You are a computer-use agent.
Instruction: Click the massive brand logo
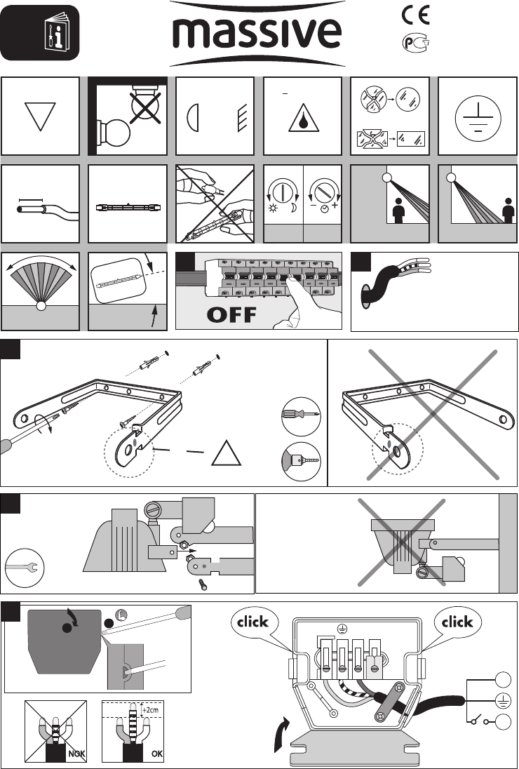tap(257, 34)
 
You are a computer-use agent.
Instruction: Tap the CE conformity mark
tap(416, 15)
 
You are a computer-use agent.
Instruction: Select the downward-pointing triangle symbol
tap(40, 116)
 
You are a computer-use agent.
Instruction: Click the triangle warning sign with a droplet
tap(304, 118)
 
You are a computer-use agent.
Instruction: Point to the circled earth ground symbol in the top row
tap(478, 116)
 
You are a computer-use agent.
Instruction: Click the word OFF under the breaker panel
tap(232, 314)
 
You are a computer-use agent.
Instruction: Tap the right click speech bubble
tap(457, 622)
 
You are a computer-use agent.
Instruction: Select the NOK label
tap(76, 754)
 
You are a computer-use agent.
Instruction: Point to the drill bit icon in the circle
tap(302, 462)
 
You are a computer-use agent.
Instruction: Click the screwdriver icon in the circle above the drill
tap(302, 416)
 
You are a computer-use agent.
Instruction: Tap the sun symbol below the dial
tap(273, 208)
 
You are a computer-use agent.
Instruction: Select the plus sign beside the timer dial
tap(336, 205)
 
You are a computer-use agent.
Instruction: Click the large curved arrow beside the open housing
tap(282, 735)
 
